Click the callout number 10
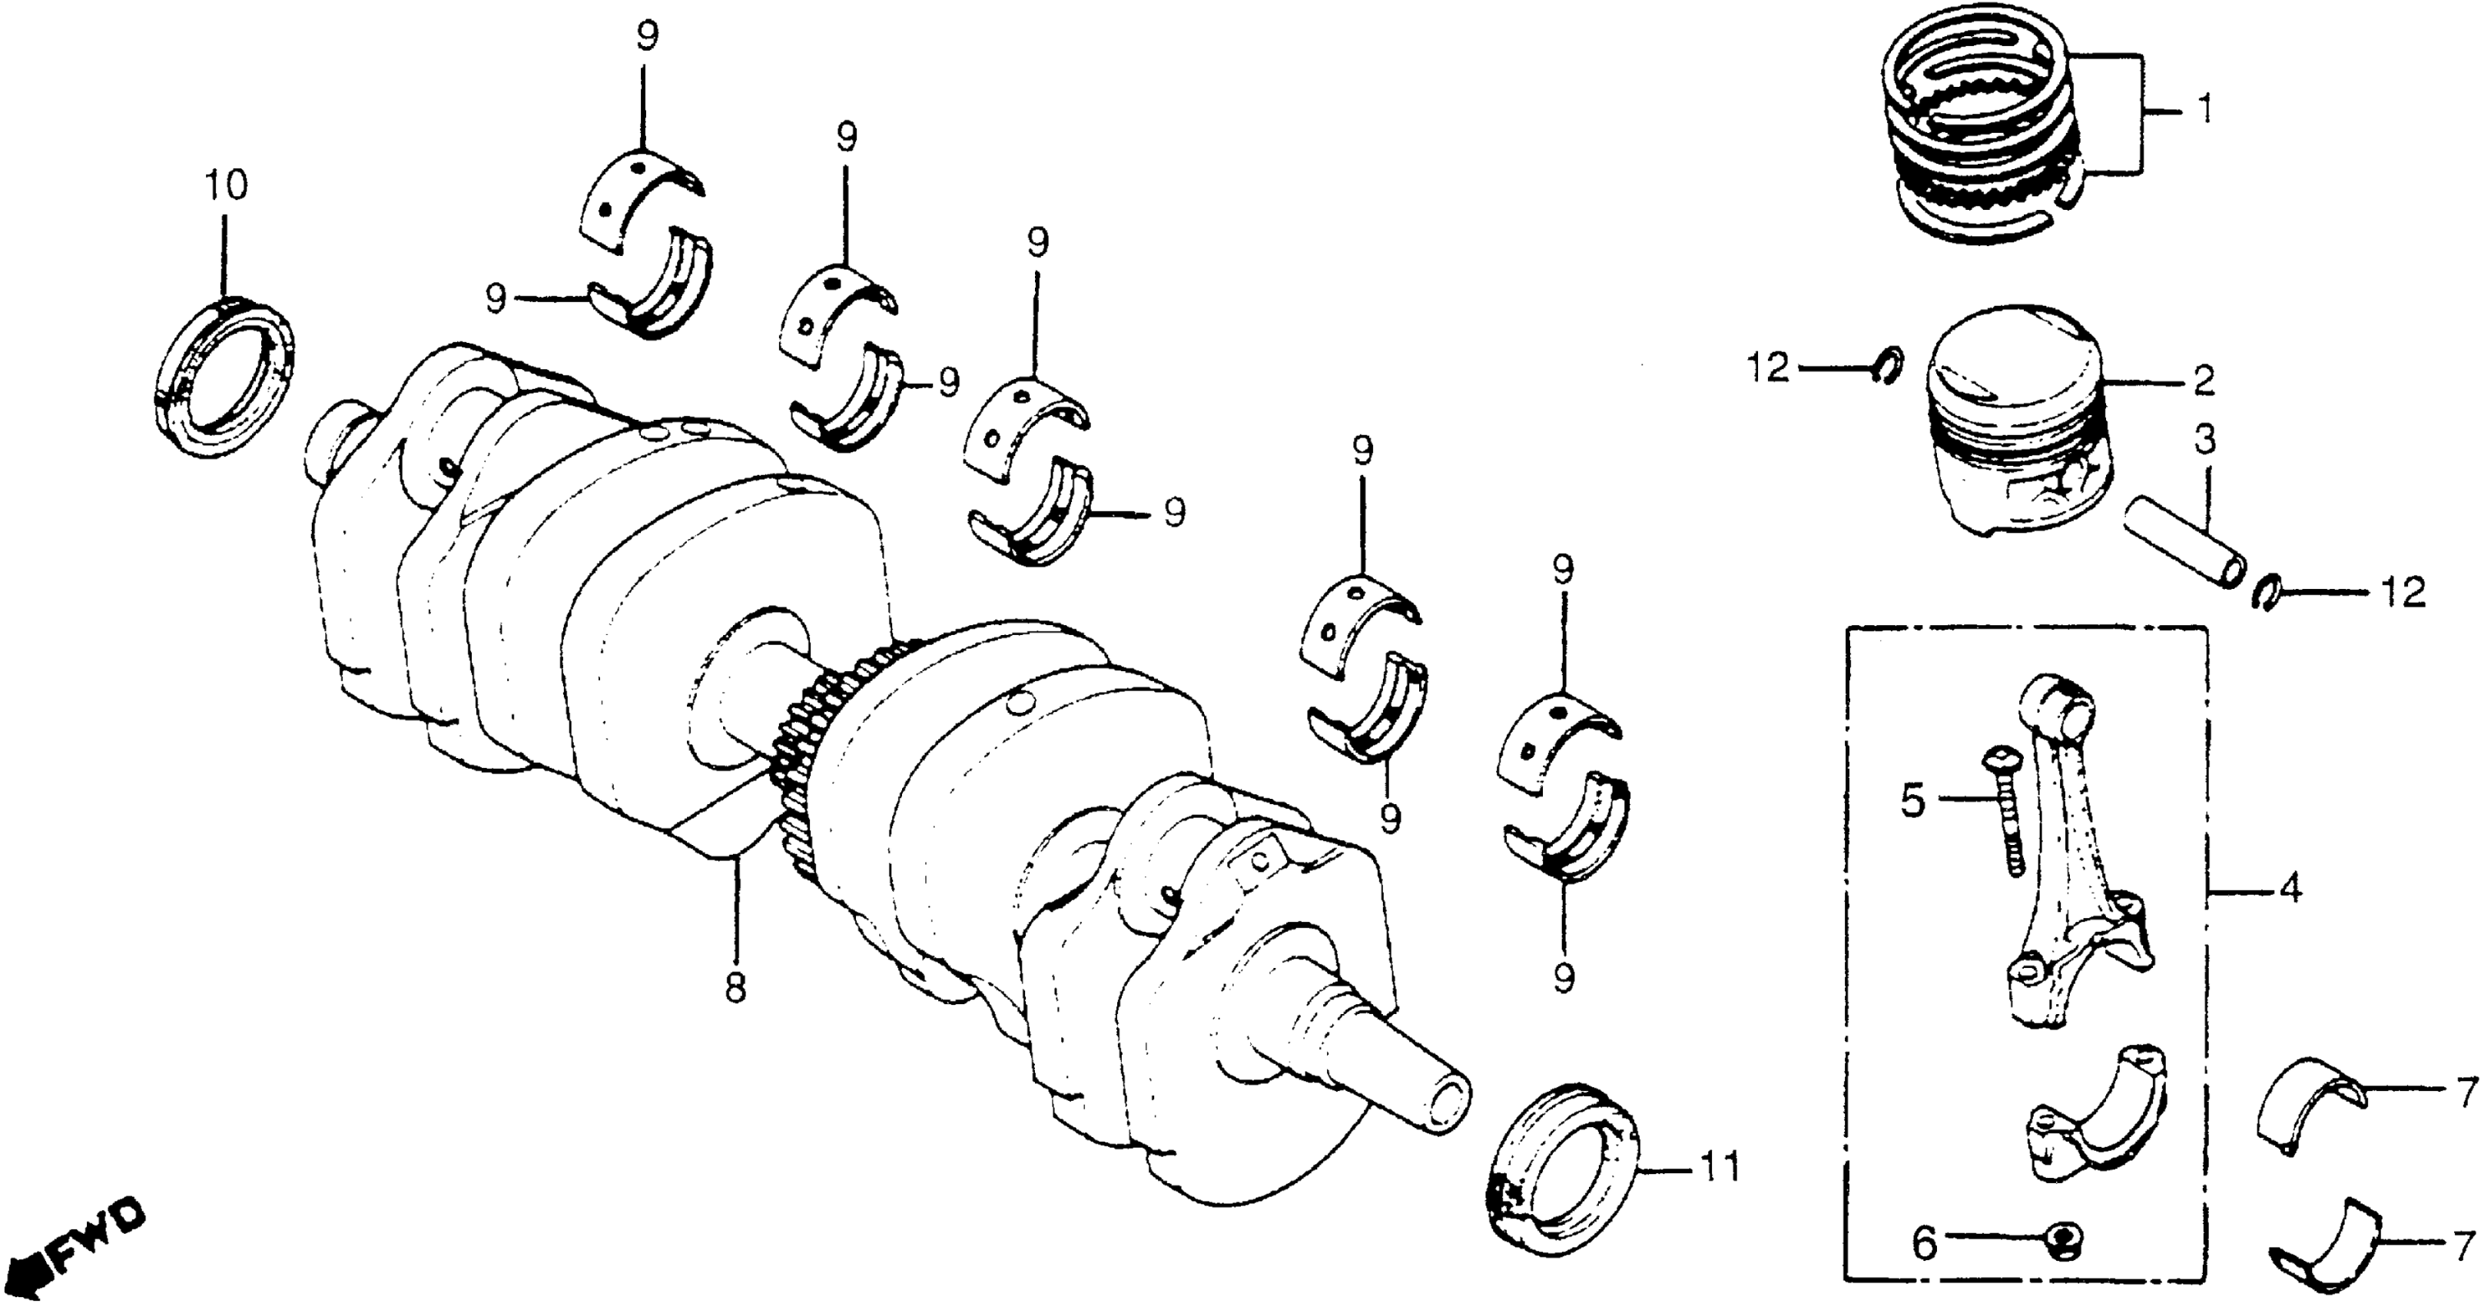[225, 185]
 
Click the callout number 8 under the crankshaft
[735, 988]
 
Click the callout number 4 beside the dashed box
[2290, 887]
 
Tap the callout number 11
[1720, 1168]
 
